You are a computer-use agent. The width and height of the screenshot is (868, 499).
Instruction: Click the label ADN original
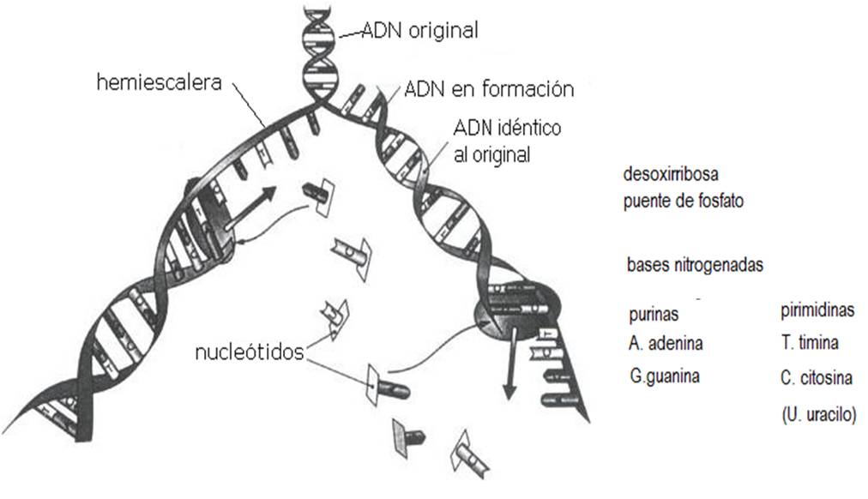tap(419, 31)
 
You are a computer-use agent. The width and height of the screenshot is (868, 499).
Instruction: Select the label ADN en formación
tap(488, 88)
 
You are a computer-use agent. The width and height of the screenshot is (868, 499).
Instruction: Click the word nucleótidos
tap(249, 352)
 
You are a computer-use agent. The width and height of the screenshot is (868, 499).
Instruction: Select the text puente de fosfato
tap(684, 202)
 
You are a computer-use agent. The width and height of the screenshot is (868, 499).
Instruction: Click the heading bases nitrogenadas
tap(695, 265)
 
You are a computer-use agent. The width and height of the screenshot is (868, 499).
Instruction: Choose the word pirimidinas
tap(817, 310)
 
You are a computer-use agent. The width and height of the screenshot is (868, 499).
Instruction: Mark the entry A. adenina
tap(666, 344)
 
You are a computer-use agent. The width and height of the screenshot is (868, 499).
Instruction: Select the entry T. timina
tap(810, 344)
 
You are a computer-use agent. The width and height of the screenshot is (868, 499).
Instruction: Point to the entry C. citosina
tap(817, 377)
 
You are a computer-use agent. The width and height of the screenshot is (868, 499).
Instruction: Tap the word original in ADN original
tap(444, 31)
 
